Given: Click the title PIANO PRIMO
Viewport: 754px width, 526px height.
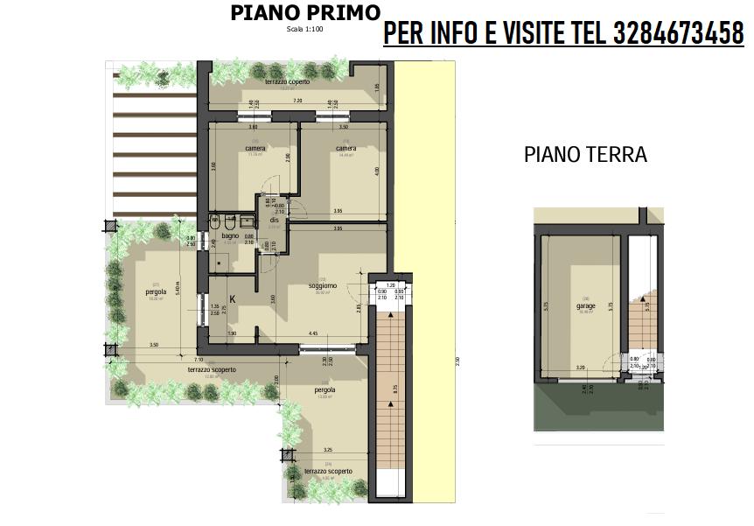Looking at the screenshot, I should click(x=305, y=13).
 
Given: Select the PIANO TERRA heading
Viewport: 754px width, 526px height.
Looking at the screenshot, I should click(x=585, y=155).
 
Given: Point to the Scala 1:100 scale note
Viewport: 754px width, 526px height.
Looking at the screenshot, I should click(x=304, y=29).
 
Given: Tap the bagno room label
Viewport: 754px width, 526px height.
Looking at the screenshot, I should click(x=230, y=236).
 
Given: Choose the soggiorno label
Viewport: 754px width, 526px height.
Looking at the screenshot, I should click(x=323, y=286).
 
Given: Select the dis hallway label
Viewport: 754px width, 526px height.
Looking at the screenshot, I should click(x=274, y=221).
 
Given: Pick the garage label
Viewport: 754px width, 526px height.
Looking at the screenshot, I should click(x=585, y=306).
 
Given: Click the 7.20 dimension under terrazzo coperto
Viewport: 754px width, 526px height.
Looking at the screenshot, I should click(x=297, y=102).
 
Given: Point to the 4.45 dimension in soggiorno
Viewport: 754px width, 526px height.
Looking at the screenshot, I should click(x=312, y=333).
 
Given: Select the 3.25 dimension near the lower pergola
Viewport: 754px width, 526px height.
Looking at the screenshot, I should click(x=327, y=450).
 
